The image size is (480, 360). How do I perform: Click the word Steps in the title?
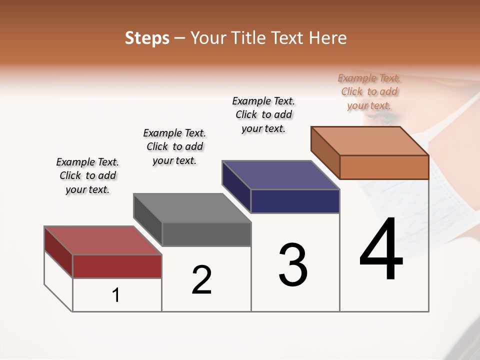click(147, 38)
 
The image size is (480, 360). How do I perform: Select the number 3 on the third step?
click(293, 264)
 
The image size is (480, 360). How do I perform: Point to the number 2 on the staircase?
click(201, 279)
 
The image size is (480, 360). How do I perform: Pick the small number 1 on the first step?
click(116, 295)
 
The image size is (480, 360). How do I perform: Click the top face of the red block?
click(102, 240)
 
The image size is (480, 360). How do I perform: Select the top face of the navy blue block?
click(280, 175)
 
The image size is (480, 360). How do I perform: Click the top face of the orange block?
click(369, 141)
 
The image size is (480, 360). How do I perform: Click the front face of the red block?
click(117, 266)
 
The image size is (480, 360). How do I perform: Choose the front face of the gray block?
click(206, 234)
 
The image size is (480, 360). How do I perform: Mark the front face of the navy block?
click(295, 201)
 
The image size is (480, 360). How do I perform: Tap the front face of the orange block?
click(384, 167)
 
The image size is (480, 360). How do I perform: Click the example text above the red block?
click(87, 175)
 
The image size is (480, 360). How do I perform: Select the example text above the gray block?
click(174, 146)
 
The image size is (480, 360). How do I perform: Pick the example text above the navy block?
click(263, 114)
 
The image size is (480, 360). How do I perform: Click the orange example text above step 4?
click(369, 91)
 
